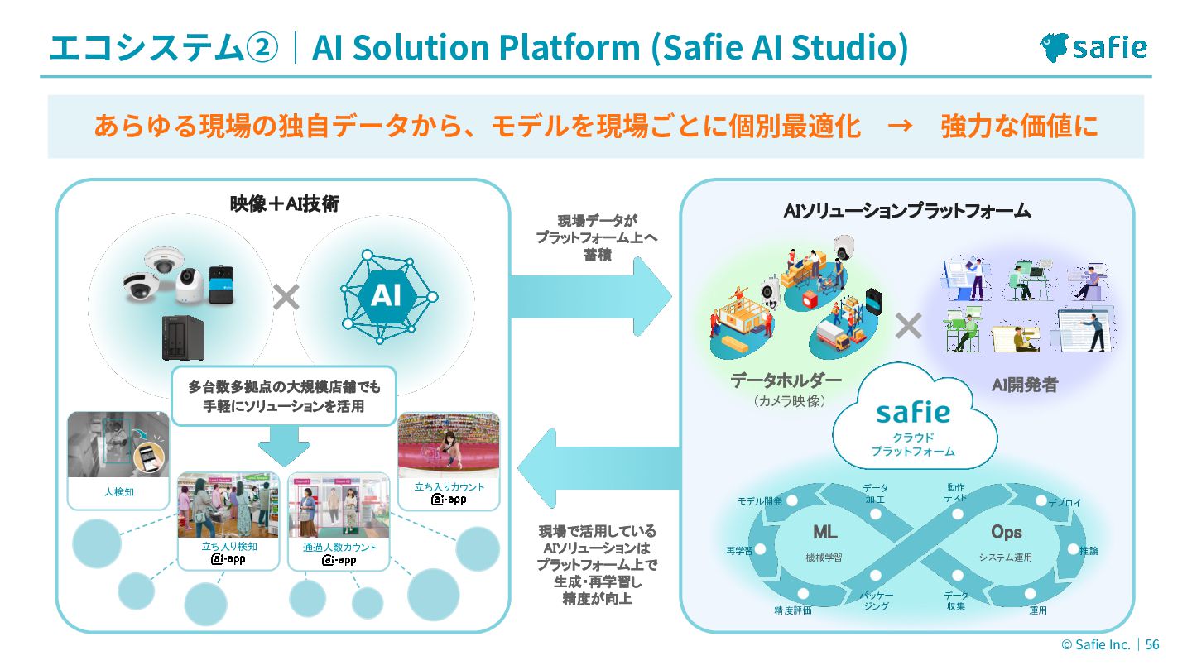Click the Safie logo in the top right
1093,47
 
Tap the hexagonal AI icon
385,295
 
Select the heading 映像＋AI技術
284,203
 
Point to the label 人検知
119,491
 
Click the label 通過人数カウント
339,548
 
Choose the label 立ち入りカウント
449,487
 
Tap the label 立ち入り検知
229,547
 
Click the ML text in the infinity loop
824,532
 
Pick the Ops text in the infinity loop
1006,532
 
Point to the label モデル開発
759,501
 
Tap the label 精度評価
792,610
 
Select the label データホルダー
786,381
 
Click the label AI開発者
1024,385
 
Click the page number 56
1152,644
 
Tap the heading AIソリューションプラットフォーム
906,211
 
